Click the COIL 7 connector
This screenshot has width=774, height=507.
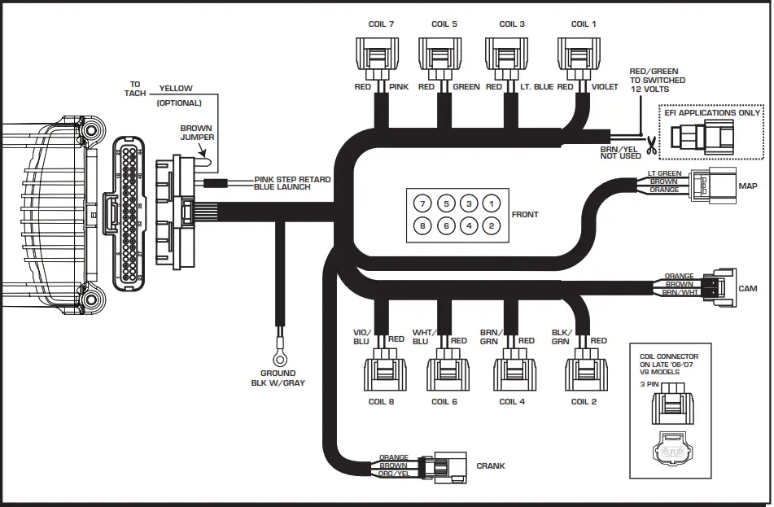(376, 57)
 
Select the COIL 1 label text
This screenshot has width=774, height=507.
(583, 24)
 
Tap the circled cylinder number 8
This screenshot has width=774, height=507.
(422, 225)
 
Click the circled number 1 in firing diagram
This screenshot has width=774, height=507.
(491, 203)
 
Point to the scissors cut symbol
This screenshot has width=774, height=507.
(651, 146)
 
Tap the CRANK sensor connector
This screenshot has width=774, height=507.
(449, 466)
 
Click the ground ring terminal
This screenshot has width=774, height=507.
(280, 357)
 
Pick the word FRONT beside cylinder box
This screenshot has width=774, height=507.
(525, 216)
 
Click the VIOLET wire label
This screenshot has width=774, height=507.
(605, 87)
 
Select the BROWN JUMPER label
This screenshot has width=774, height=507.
(197, 133)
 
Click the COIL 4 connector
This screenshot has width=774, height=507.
(514, 372)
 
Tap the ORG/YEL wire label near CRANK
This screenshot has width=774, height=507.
(394, 474)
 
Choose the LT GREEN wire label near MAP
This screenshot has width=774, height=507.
(664, 173)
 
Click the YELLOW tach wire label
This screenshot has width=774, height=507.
(176, 88)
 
